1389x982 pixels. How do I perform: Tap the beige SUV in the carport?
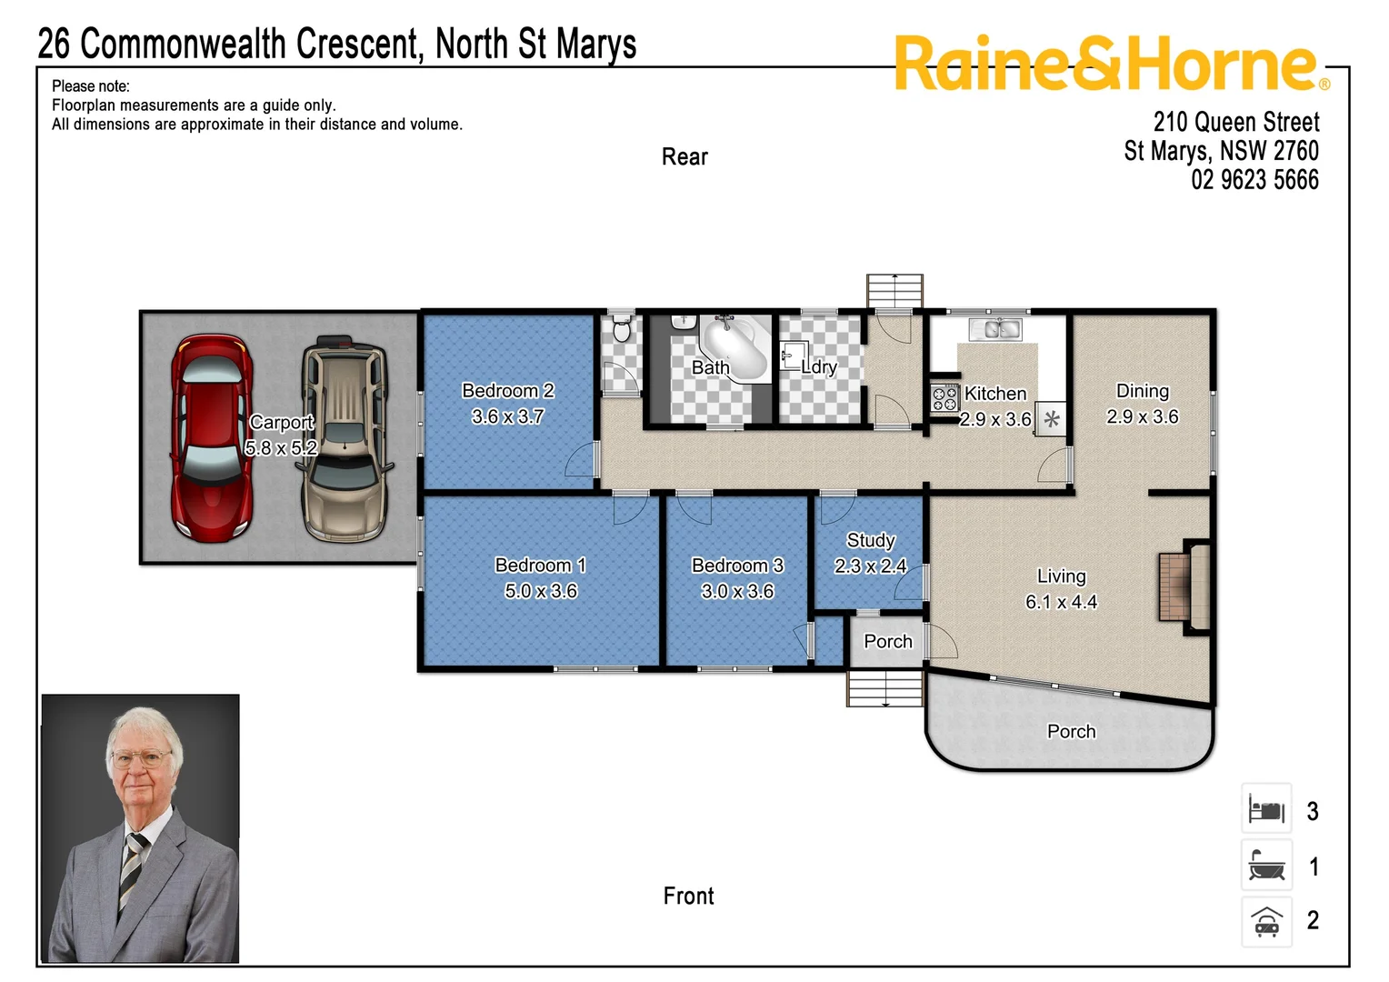click(345, 438)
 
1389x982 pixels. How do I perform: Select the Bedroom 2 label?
click(507, 391)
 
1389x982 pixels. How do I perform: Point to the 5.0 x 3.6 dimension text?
click(541, 591)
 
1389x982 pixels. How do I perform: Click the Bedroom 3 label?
click(737, 566)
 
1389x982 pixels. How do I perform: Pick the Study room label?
click(871, 540)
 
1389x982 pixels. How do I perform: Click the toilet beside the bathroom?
click(622, 328)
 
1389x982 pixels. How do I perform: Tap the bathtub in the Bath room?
click(735, 347)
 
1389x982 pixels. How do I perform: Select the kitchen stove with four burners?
click(944, 398)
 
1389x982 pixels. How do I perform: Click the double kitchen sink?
click(995, 329)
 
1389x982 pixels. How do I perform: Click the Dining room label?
click(1142, 391)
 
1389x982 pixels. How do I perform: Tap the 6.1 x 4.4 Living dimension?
click(1061, 602)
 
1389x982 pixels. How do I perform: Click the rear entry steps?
click(894, 291)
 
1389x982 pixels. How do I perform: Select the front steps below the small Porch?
click(886, 688)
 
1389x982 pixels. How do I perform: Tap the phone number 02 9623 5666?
click(1254, 180)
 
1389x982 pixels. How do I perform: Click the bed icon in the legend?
click(1266, 808)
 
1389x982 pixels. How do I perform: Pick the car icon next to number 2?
click(1266, 921)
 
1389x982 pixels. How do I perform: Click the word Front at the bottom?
click(688, 897)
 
